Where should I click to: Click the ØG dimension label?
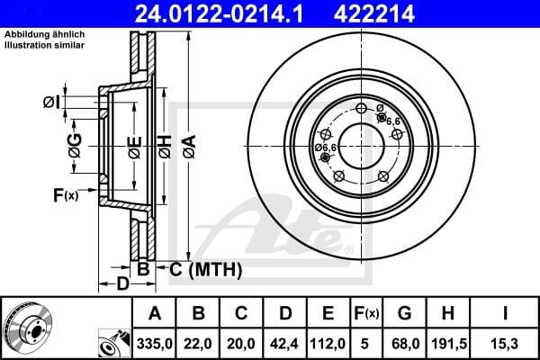click(x=75, y=143)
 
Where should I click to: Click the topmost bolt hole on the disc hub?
click(x=362, y=109)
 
